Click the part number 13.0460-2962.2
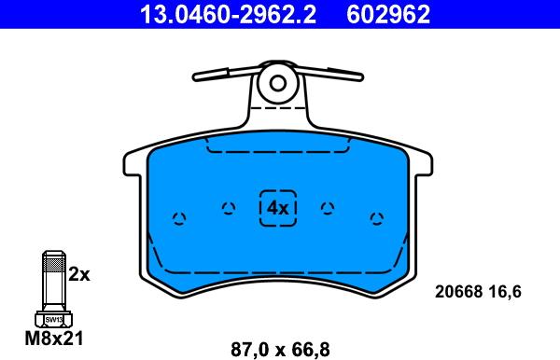tap(228, 14)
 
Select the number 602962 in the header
tap(388, 14)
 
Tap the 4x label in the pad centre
tap(278, 208)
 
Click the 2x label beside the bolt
tap(79, 274)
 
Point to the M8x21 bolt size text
tap(54, 338)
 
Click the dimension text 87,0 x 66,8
tap(280, 350)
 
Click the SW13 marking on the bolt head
tap(53, 320)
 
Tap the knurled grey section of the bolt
tap(53, 264)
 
